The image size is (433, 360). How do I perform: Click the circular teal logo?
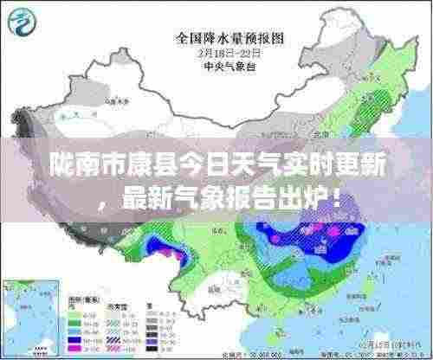click(x=20, y=21)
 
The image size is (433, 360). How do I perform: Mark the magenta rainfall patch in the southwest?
click(x=181, y=253)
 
